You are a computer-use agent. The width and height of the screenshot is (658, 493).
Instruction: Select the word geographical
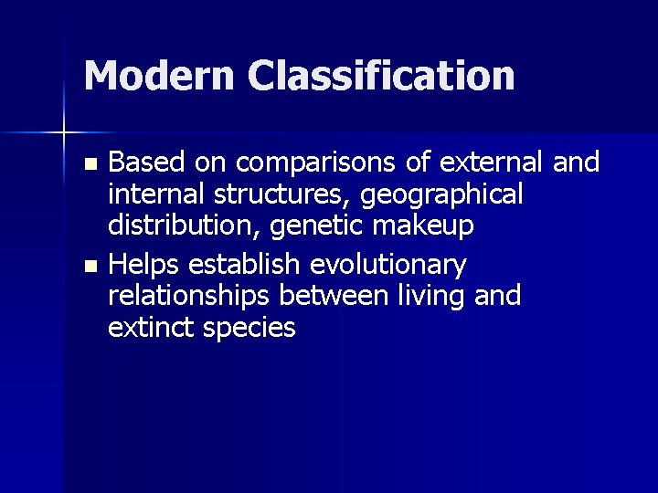(444, 194)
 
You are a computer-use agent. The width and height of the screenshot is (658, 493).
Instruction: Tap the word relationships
(190, 297)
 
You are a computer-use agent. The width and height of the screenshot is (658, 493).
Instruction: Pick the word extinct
(148, 327)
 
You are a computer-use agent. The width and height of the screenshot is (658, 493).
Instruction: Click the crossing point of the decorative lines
(64, 132)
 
